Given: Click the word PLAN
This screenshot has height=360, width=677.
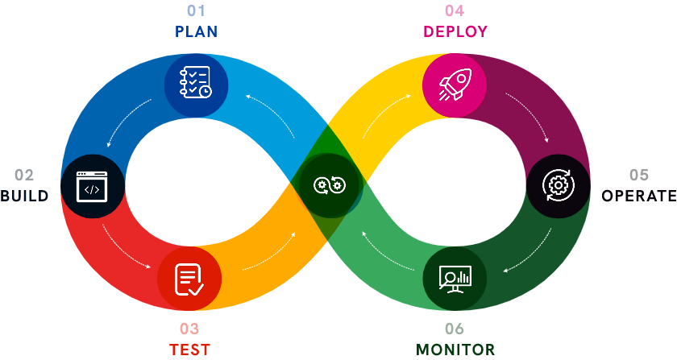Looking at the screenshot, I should (x=196, y=31).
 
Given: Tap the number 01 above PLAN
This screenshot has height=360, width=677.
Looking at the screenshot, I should (x=196, y=10).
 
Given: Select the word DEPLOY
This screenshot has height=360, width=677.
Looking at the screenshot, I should (x=455, y=31).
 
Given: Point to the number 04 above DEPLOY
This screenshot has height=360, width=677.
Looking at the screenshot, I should (x=455, y=10).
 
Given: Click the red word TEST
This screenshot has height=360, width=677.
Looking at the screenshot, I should (x=189, y=350).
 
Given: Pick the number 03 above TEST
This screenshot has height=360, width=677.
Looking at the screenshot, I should (x=189, y=329).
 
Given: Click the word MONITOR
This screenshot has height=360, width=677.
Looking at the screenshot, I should (x=455, y=350).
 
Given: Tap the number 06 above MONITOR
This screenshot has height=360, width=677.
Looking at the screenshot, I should (x=455, y=329).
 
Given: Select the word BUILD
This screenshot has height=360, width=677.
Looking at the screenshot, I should (x=24, y=196).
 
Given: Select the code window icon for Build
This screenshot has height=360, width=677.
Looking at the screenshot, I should (x=92, y=186).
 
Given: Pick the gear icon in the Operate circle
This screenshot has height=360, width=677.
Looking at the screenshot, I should (x=558, y=185).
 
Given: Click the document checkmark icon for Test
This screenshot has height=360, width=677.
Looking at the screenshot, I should (x=189, y=279).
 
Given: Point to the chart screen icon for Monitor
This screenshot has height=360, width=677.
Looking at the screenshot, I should (x=455, y=279).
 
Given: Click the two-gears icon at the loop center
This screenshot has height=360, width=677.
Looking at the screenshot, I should (x=329, y=186).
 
